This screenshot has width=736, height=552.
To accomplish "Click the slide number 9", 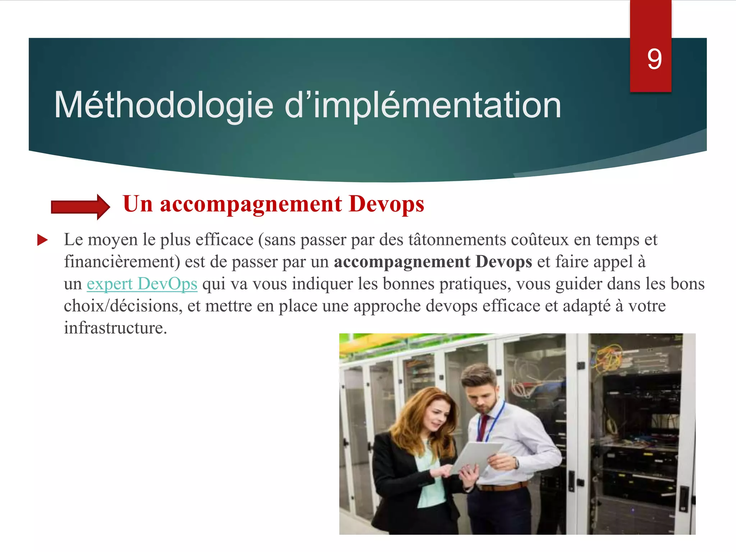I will (654, 59).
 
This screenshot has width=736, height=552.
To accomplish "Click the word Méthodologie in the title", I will (164, 105).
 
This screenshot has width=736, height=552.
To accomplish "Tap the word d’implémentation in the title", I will (423, 105).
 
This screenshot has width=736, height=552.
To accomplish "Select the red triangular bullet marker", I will (42, 240).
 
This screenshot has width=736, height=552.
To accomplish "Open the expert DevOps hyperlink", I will (142, 284).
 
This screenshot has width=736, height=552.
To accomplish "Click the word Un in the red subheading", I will (138, 204).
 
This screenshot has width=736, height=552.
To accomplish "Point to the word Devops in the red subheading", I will (386, 204).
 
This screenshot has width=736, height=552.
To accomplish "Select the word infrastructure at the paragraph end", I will (115, 328).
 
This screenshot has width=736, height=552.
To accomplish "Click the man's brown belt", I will (503, 487).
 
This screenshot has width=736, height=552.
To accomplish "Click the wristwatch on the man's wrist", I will (516, 463).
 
